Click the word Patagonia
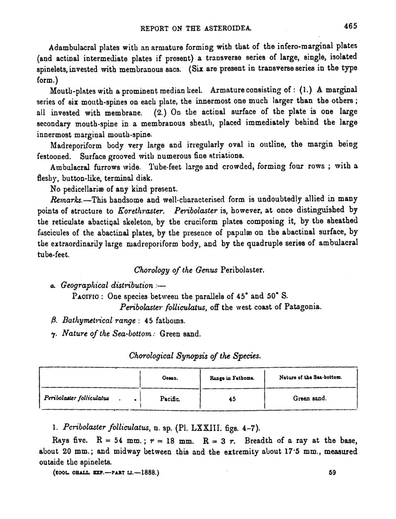[x=302, y=307]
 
